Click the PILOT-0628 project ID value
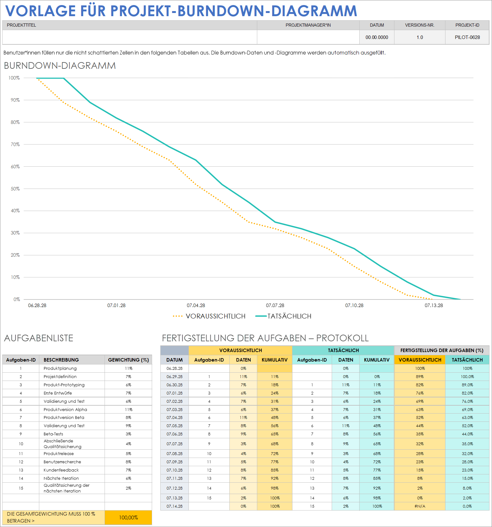(x=467, y=37)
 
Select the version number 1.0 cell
(x=419, y=37)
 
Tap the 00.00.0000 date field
(x=377, y=37)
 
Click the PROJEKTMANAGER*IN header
(x=308, y=25)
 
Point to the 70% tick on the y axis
(x=15, y=145)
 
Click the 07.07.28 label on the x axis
(x=275, y=305)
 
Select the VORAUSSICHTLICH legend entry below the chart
(x=215, y=316)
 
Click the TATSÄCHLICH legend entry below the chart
(x=289, y=316)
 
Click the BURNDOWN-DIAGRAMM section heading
(x=60, y=66)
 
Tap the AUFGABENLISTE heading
(x=39, y=338)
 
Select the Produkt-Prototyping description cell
(x=64, y=385)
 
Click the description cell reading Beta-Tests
(x=53, y=434)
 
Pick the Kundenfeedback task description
(x=61, y=470)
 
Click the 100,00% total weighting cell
(x=128, y=517)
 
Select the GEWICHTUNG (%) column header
(x=128, y=360)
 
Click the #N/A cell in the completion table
(x=419, y=506)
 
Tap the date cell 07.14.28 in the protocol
(x=174, y=506)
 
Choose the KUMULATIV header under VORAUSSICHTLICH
(x=274, y=360)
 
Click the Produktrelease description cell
(x=59, y=453)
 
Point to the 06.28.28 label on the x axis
(x=37, y=305)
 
